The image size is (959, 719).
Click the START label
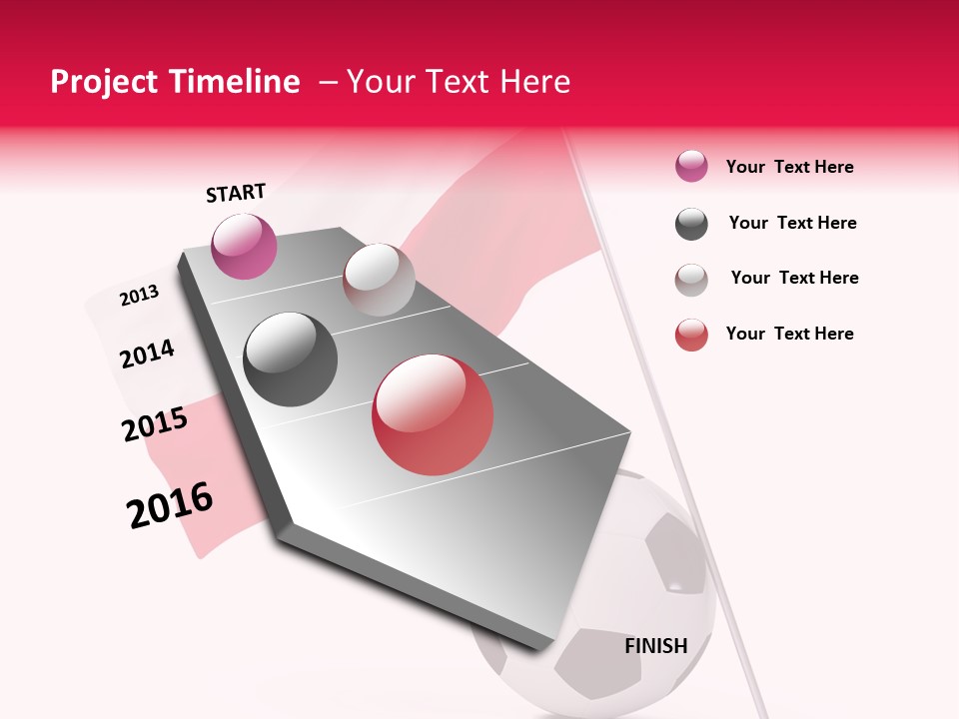coord(236,193)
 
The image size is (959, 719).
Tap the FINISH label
coord(656,646)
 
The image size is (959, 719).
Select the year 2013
coord(139,295)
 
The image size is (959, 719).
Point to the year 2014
coord(147,354)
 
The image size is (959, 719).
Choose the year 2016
coord(170,505)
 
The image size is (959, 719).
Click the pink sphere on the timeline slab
coord(244,246)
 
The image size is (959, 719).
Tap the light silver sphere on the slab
coord(379,280)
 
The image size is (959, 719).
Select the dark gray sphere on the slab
coord(291,359)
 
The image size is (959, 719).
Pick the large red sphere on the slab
coord(433,414)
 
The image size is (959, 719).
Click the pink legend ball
coord(691,167)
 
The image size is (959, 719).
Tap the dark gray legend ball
coord(691,224)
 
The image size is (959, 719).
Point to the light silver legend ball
coord(691,280)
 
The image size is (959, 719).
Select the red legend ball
coord(691,335)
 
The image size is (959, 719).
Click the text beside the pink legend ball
coord(789,167)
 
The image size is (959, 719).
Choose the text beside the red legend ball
coord(789,334)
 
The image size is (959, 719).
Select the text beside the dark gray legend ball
coord(792,223)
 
